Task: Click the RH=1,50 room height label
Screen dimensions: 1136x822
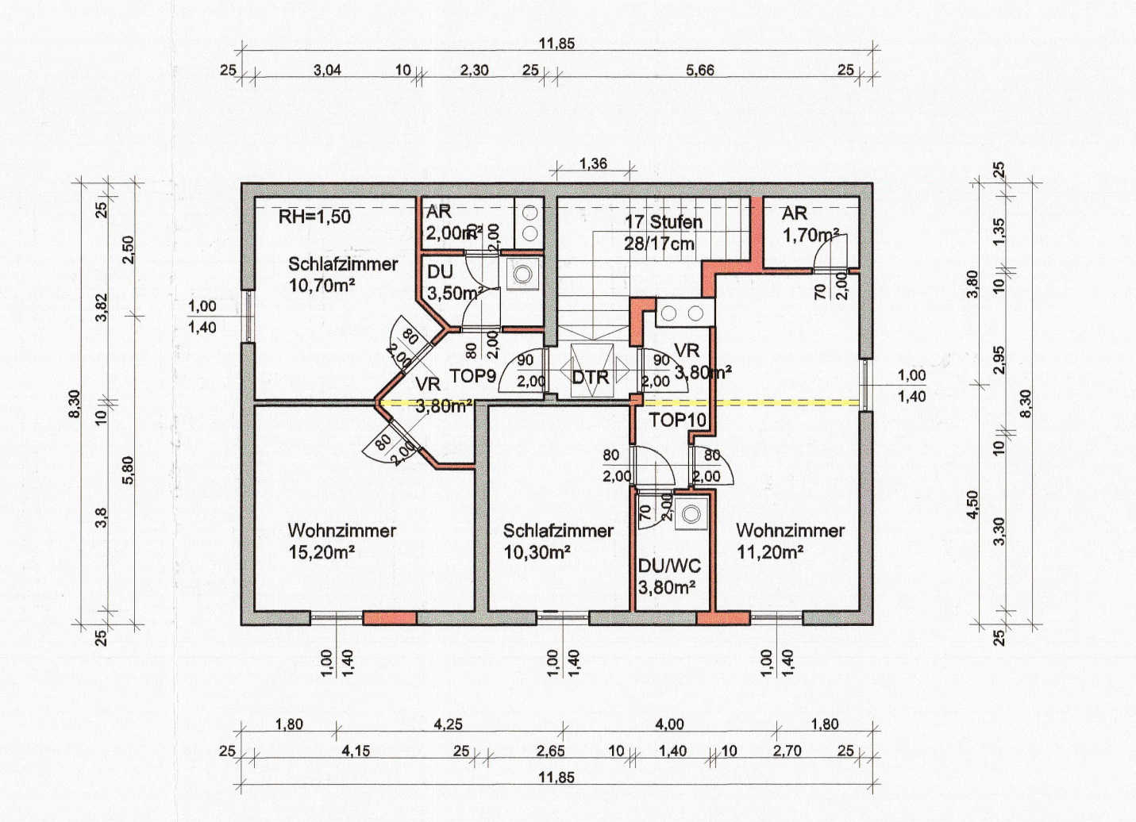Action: click(314, 217)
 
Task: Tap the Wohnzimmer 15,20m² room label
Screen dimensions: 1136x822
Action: click(342, 541)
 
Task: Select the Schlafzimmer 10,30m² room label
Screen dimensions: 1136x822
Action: click(558, 541)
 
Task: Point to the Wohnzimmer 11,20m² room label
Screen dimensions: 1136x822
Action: click(790, 541)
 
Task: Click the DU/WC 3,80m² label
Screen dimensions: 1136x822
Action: click(669, 577)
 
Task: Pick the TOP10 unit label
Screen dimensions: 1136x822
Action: click(677, 420)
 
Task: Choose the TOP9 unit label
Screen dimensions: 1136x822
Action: click(472, 376)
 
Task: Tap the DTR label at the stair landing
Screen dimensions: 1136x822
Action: click(591, 377)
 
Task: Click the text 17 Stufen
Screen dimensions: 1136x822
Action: click(664, 222)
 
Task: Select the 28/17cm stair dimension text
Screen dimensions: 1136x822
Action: click(659, 244)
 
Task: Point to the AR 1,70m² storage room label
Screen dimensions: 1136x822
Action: click(810, 224)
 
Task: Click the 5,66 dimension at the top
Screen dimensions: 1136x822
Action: click(700, 70)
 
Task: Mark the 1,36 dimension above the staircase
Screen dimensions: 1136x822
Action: click(593, 163)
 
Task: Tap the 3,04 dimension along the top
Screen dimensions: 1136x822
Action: click(327, 70)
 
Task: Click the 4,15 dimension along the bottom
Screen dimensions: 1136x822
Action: click(356, 751)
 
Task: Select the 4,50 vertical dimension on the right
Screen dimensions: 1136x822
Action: click(972, 505)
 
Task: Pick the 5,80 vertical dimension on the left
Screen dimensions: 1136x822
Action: click(128, 471)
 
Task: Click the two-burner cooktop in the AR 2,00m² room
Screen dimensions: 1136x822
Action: click(529, 224)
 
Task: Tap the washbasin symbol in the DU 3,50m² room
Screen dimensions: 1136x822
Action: click(522, 274)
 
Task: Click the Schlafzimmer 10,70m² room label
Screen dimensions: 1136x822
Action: click(343, 275)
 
